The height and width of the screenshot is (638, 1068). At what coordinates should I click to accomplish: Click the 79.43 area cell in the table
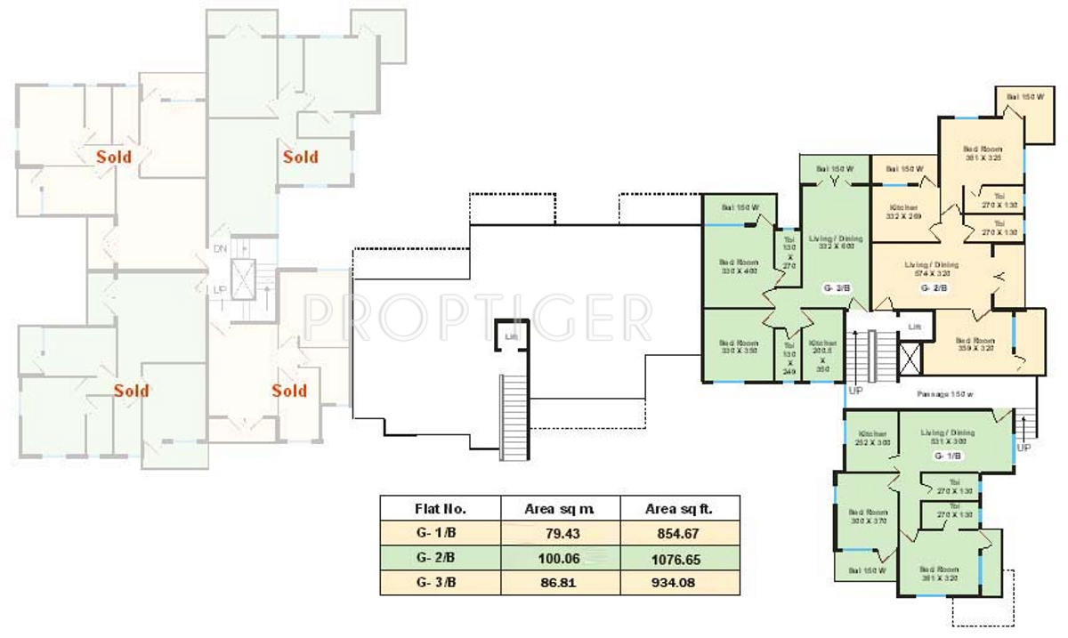point(560,533)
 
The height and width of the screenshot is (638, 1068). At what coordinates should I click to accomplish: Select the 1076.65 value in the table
point(680,558)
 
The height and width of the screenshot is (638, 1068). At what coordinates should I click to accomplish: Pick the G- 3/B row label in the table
point(435,584)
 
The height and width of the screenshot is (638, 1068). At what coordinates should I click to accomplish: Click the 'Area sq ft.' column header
point(680,508)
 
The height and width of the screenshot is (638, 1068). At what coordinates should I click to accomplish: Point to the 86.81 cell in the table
point(560,584)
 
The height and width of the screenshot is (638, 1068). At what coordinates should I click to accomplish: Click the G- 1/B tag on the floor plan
point(947,456)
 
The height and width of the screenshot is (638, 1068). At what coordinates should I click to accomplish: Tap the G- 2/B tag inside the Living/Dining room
point(932,287)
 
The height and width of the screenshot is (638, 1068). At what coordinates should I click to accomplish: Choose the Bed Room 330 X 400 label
point(738,267)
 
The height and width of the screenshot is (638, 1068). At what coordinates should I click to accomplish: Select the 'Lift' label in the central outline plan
point(511,336)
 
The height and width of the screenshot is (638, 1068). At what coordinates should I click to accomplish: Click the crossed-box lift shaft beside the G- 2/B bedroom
point(911,356)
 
